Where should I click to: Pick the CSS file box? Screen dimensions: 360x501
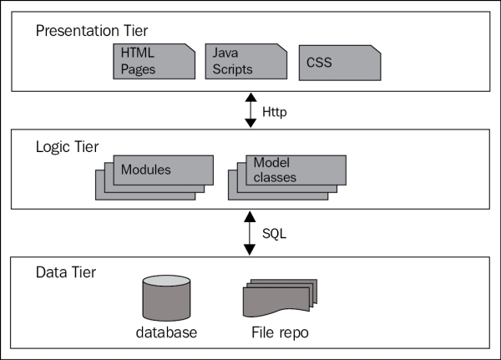(x=339, y=63)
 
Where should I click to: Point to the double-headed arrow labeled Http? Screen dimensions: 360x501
(x=250, y=109)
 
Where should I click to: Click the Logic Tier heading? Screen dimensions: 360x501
(x=66, y=147)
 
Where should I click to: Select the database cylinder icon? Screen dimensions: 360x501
(x=165, y=297)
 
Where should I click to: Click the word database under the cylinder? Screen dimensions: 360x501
(x=166, y=332)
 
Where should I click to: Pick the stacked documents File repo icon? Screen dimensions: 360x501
(x=275, y=297)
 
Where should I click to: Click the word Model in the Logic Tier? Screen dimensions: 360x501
(x=271, y=163)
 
